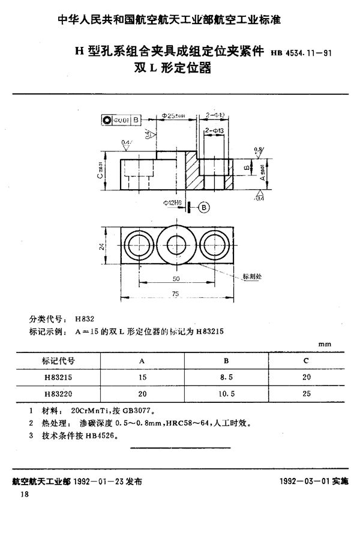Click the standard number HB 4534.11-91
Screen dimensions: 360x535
click(x=303, y=53)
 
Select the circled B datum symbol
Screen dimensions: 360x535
click(x=203, y=207)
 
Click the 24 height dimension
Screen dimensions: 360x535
click(x=103, y=246)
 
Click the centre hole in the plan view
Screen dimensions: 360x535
click(x=177, y=246)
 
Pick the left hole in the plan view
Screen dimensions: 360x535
click(x=139, y=246)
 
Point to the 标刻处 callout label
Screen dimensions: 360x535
click(x=253, y=277)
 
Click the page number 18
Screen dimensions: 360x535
click(x=25, y=494)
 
